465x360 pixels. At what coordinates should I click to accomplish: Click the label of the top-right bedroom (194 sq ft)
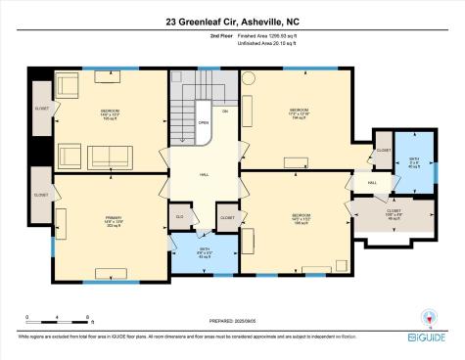(x=299, y=112)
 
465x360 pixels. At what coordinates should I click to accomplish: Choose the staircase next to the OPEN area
(x=183, y=122)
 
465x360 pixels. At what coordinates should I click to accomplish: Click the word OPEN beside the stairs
(x=204, y=124)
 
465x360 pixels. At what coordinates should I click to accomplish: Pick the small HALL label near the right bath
(x=373, y=184)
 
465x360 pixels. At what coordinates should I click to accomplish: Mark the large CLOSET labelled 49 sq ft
(x=395, y=215)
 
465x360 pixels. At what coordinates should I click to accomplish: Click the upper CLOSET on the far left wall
(x=41, y=110)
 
